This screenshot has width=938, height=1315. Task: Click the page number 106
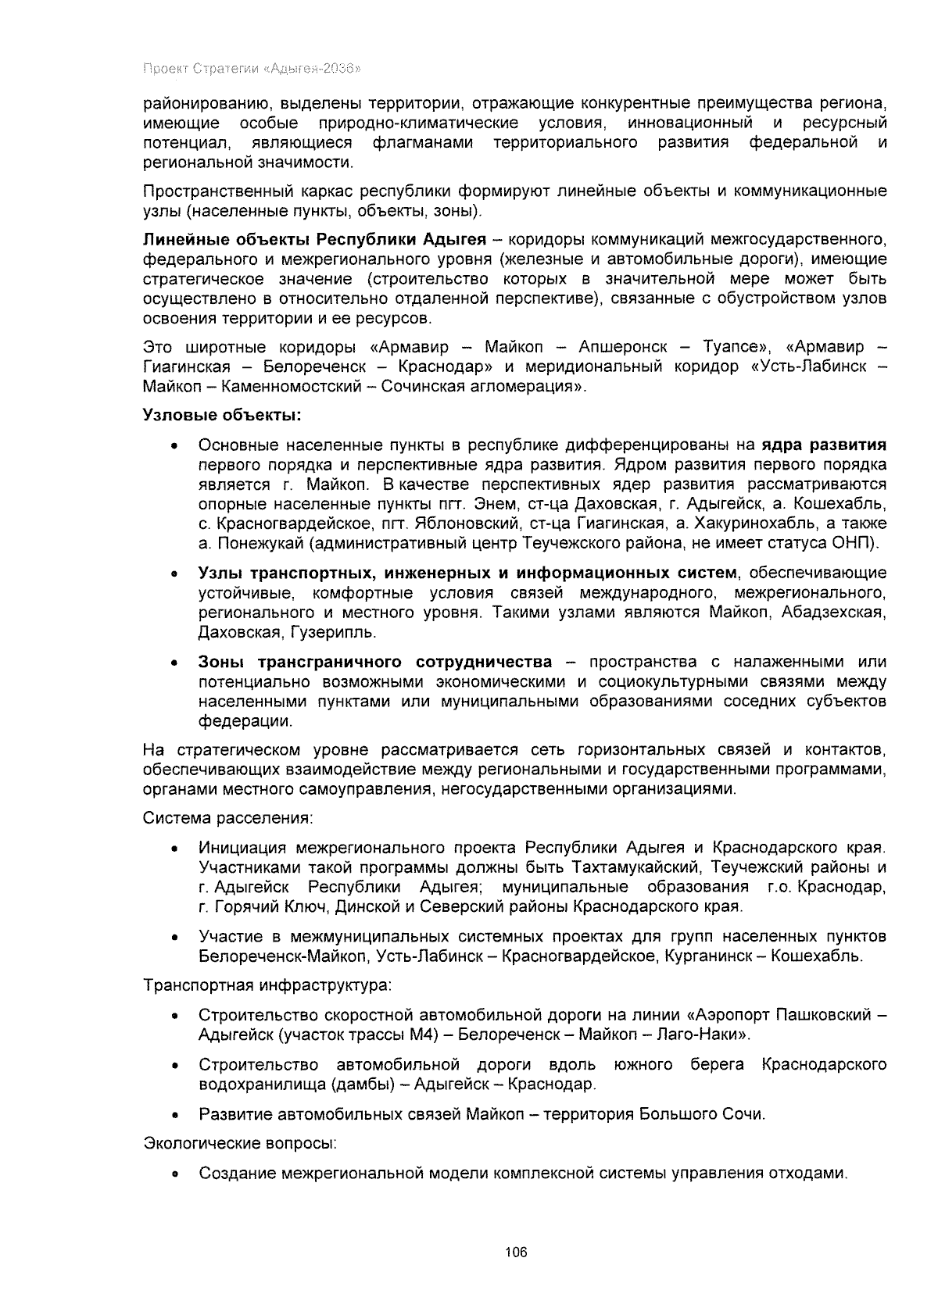point(516,1252)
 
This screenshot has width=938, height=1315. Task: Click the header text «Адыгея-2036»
point(313,68)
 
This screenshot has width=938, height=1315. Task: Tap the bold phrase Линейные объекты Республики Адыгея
point(314,239)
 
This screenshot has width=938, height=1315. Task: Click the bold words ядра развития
point(824,445)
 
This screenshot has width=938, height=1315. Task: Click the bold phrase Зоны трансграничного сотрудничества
point(374,662)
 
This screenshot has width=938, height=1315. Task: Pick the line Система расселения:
point(228,818)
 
